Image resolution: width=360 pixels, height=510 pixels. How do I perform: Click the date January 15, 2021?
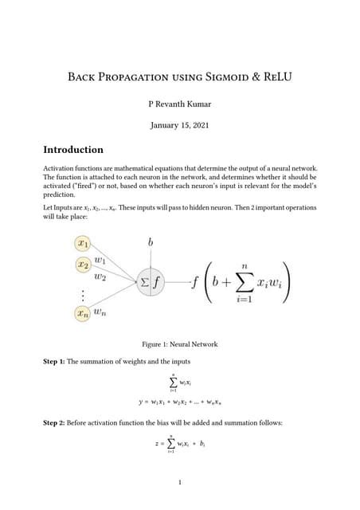[x=179, y=125]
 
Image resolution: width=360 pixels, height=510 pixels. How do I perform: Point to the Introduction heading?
[x=73, y=149]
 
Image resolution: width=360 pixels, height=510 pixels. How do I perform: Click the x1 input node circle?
[x=82, y=241]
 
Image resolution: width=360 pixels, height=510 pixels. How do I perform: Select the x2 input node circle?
[x=82, y=264]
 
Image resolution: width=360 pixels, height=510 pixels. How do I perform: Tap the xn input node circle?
[x=82, y=315]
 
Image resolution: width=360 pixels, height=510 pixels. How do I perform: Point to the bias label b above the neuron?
[x=151, y=240]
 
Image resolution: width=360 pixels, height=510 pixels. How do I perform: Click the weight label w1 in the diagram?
[x=100, y=259]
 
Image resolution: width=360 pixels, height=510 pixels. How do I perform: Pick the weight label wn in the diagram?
[x=100, y=313]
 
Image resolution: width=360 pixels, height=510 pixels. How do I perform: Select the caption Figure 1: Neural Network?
[x=179, y=344]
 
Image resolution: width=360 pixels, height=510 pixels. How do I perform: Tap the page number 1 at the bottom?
[x=180, y=481]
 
